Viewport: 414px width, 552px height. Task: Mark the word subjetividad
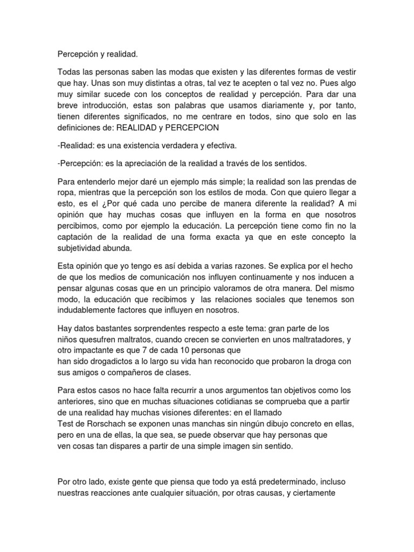(83, 249)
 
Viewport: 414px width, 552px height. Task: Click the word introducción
(111, 106)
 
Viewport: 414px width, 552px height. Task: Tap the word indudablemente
(89, 311)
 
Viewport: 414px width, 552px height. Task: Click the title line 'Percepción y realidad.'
(98, 54)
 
